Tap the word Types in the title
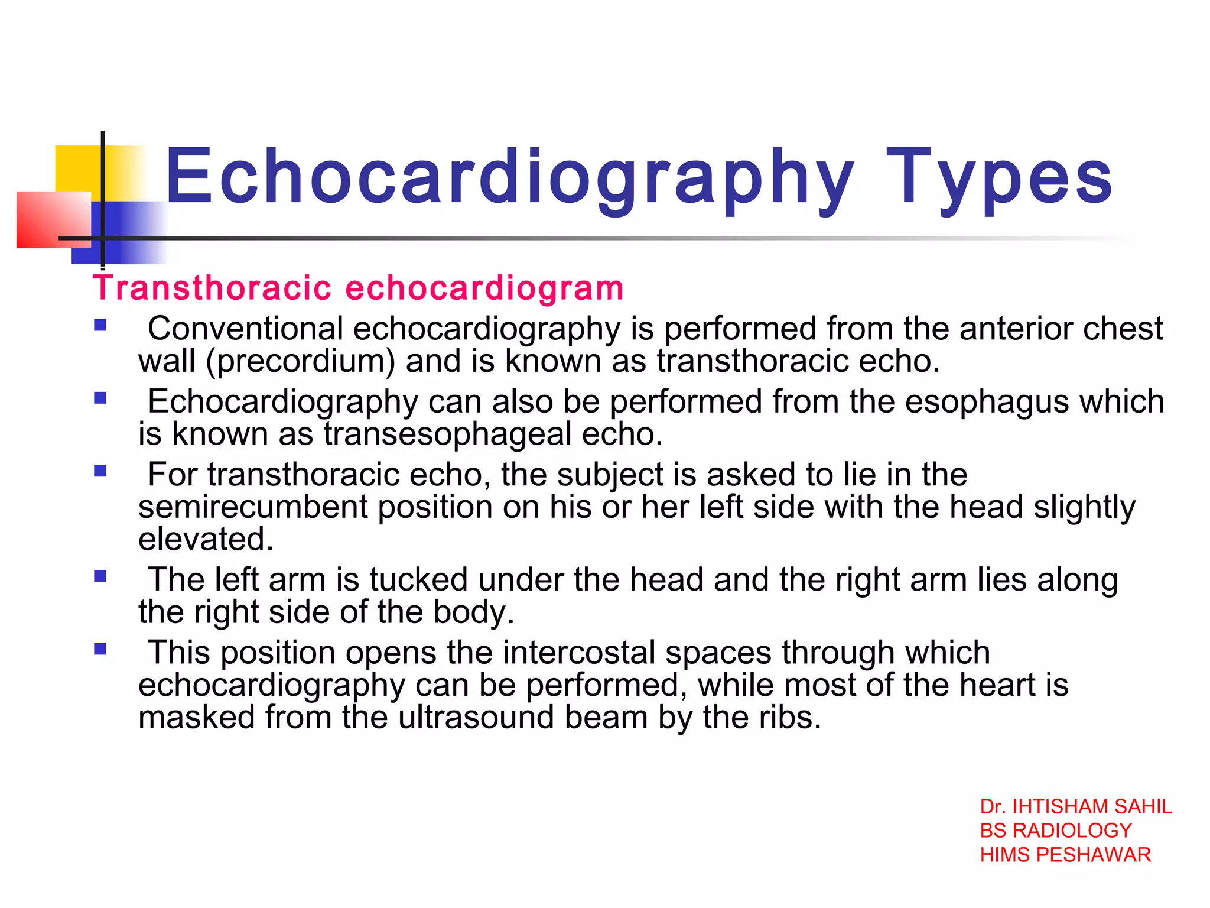click(x=998, y=177)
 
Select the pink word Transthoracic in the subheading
click(x=212, y=288)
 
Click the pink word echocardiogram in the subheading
click(x=484, y=288)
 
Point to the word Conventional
click(x=245, y=329)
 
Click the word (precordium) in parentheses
click(x=300, y=361)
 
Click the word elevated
click(x=206, y=539)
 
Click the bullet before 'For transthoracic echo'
click(x=100, y=471)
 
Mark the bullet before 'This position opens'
click(x=100, y=650)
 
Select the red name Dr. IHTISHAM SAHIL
click(x=1075, y=807)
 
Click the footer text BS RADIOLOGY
click(x=1055, y=831)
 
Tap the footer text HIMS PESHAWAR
click(x=1065, y=855)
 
